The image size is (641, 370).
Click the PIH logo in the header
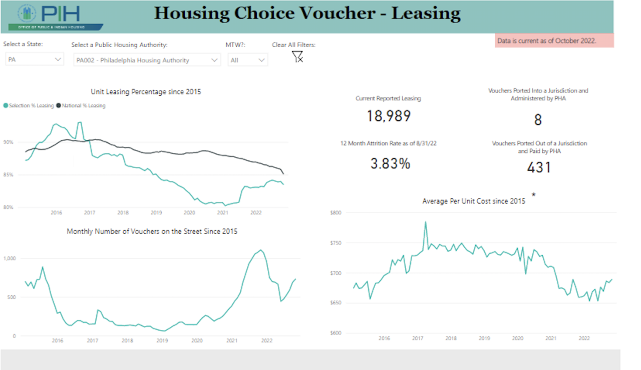point(55,17)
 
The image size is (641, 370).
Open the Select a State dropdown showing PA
point(34,60)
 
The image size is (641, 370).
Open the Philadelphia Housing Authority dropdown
point(146,60)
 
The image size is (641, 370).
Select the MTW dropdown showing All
point(247,60)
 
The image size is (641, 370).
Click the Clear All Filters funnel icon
point(297,57)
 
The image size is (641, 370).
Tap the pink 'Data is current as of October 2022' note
point(554,41)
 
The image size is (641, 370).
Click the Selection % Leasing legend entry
point(28,106)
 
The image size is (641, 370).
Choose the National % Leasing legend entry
point(81,106)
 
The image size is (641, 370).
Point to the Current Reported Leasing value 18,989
point(388,116)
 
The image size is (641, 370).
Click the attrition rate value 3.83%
point(390,163)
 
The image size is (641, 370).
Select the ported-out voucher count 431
point(539,167)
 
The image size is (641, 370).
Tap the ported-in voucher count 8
point(538,120)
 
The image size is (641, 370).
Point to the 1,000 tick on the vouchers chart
point(10,258)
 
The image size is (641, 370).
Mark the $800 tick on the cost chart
point(336,213)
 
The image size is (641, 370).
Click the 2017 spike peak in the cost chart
point(425,222)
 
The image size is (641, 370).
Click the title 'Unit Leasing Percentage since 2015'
point(146,92)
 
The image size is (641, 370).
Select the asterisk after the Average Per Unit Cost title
point(533,195)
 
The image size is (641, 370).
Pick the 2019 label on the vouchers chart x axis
point(162,341)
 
